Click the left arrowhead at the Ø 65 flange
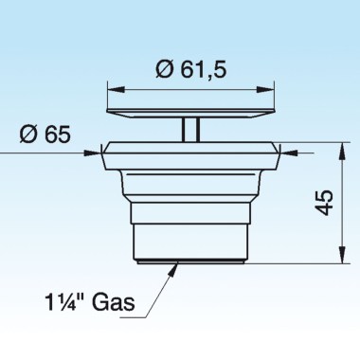(x=98, y=148)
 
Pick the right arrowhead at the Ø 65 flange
(x=295, y=148)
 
